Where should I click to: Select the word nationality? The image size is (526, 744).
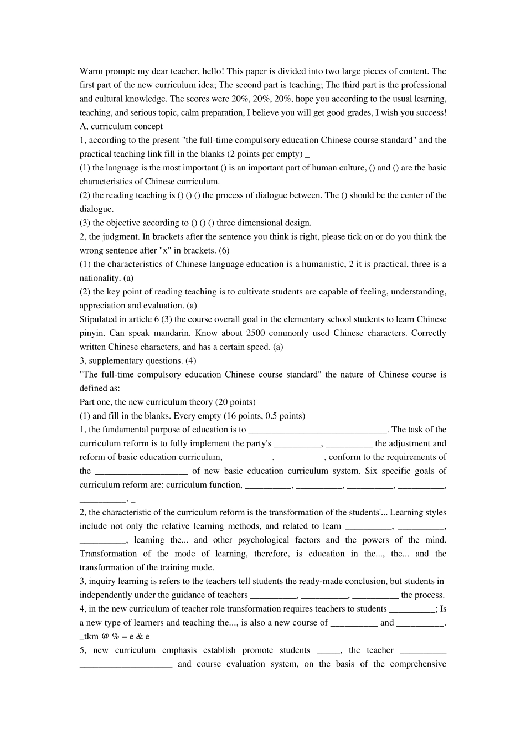click(101, 278)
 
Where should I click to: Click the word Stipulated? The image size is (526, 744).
click(100, 319)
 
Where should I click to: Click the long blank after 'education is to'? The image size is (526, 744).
click(317, 430)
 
